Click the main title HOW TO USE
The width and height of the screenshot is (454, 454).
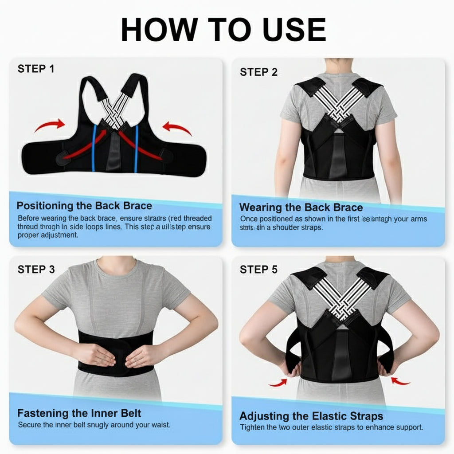(223, 31)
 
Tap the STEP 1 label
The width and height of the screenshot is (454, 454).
(36, 69)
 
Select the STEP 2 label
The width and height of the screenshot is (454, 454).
(258, 72)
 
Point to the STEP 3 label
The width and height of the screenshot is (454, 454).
(36, 269)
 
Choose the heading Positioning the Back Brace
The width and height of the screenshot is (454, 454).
(84, 206)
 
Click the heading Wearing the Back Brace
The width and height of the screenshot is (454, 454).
(301, 207)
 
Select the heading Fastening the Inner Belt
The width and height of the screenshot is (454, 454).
(79, 413)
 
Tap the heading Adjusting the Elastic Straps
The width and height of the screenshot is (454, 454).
(311, 416)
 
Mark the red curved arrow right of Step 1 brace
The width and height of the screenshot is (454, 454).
(177, 128)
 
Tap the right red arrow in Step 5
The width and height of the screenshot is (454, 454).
(400, 381)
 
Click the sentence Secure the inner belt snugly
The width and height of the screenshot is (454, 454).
(94, 425)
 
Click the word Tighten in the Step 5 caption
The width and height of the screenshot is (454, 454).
(254, 427)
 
